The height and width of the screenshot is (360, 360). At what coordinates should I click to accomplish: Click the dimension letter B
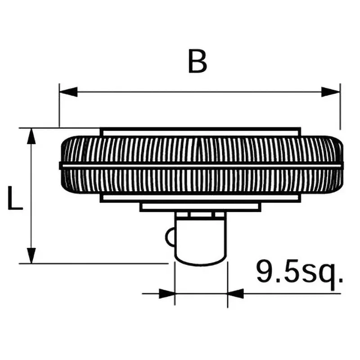198,61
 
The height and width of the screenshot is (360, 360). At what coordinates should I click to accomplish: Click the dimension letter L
15,198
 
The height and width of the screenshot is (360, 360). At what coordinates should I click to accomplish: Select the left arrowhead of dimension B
68,92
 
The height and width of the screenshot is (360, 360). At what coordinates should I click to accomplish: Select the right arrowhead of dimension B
331,92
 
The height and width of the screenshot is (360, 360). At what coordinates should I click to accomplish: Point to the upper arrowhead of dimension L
31,136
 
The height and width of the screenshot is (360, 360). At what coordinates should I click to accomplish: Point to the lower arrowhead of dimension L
31,256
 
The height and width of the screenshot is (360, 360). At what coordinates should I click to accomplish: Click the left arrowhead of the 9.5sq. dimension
167,294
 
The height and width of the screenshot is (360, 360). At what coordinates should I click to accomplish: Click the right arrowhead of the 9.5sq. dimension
235,294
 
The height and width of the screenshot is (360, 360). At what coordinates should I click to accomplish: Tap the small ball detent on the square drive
170,237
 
